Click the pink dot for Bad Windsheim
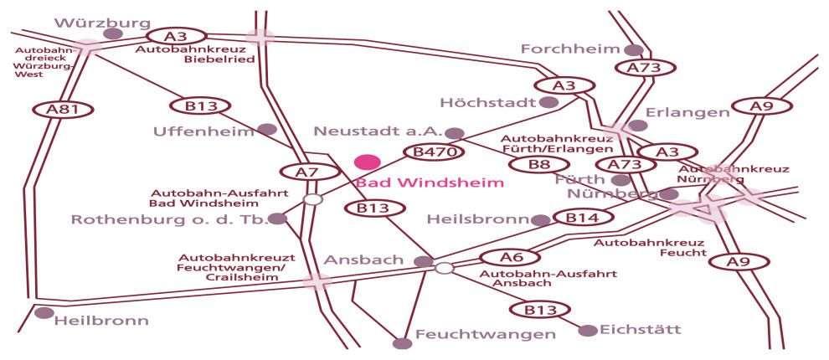[x=368, y=162]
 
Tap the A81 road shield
[x=63, y=110]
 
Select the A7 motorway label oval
[x=309, y=172]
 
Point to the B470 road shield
[x=434, y=152]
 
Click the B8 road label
[x=539, y=164]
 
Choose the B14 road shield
[x=583, y=217]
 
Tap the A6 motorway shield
[x=510, y=258]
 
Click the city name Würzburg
[x=102, y=23]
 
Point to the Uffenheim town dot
[x=267, y=130]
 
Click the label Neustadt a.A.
[x=378, y=131]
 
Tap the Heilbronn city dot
[x=44, y=313]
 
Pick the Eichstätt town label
[x=641, y=330]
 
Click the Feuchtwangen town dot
[x=402, y=343]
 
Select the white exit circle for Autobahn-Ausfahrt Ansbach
[x=445, y=268]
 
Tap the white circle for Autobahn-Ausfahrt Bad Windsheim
[x=313, y=199]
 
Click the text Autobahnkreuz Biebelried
[x=195, y=54]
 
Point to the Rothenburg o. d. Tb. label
[x=169, y=219]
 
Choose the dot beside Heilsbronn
[x=541, y=220]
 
